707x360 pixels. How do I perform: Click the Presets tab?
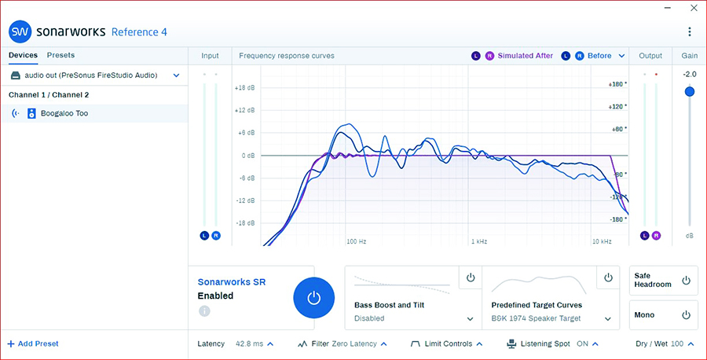click(x=60, y=55)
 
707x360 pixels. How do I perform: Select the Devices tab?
click(x=23, y=55)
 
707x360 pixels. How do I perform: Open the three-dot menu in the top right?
click(x=690, y=31)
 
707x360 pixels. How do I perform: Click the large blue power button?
click(x=313, y=298)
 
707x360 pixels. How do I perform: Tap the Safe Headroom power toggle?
click(x=686, y=280)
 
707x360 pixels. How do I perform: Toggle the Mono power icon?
click(x=686, y=315)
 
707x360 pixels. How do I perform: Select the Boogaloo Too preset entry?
click(x=66, y=113)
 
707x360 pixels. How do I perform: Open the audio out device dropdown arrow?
click(x=176, y=75)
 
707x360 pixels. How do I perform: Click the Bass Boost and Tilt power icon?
click(x=471, y=277)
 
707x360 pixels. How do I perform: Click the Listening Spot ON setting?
click(x=583, y=343)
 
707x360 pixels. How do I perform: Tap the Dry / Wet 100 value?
click(x=676, y=343)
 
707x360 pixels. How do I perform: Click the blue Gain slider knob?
click(x=690, y=91)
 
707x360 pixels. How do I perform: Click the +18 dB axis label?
click(x=245, y=88)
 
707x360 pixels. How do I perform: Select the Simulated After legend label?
click(x=525, y=56)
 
